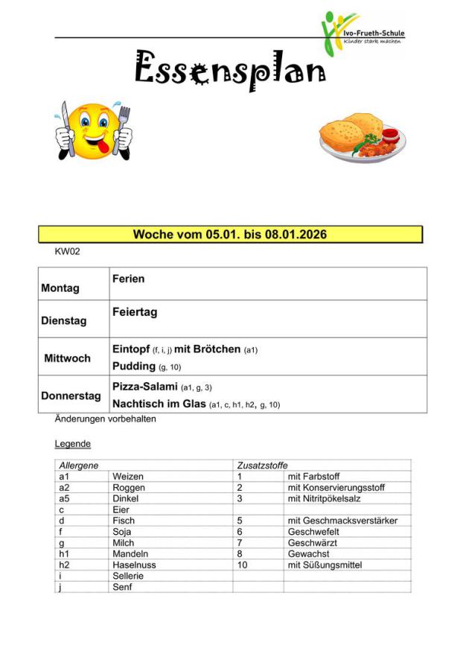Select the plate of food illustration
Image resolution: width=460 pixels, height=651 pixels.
point(362,138)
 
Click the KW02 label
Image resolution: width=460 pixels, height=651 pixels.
point(67,252)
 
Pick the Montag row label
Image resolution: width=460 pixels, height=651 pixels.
point(60,288)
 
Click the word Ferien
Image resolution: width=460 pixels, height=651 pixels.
point(129,279)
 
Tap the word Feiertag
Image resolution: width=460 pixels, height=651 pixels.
point(135,312)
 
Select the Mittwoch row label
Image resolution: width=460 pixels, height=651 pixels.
point(67,358)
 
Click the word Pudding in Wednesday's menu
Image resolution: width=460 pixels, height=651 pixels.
point(133,366)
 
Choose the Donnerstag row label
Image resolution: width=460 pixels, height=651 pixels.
point(71,396)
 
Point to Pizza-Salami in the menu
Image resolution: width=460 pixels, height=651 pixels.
point(145,387)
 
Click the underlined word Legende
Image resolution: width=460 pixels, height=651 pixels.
point(72,444)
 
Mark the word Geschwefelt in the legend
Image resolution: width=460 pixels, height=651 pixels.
point(313,532)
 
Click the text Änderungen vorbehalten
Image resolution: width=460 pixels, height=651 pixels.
point(105,419)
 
